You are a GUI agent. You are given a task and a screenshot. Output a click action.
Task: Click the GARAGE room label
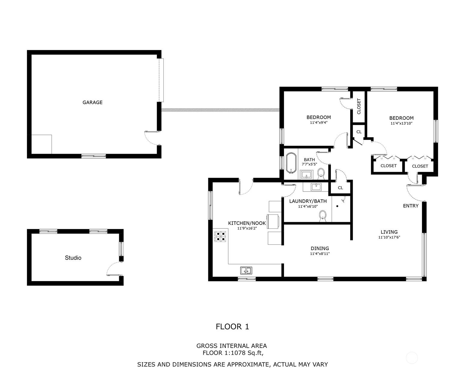(92, 102)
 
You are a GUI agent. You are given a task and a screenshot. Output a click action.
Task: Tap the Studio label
(73, 258)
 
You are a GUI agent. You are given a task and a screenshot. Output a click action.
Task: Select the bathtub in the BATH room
(291, 163)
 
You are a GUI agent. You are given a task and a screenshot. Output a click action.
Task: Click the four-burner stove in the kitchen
(220, 237)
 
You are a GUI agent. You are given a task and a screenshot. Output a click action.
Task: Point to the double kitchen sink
(246, 271)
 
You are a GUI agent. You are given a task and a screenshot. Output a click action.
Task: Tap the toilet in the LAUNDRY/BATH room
(323, 216)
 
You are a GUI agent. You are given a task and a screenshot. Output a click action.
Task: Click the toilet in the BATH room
(321, 174)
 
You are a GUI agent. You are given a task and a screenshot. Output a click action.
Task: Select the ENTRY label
(411, 206)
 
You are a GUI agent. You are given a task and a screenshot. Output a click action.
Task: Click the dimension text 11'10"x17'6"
(389, 237)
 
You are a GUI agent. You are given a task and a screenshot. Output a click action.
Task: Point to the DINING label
(320, 248)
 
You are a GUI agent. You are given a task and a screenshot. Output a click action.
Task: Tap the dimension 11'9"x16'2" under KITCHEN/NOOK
(247, 228)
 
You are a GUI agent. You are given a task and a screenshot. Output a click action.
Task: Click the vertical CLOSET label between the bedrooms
(359, 106)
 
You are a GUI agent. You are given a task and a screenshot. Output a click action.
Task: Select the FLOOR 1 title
(232, 327)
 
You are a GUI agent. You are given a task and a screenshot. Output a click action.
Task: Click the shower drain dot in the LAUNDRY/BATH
(337, 206)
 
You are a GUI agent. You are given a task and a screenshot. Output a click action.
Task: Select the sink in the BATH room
(306, 175)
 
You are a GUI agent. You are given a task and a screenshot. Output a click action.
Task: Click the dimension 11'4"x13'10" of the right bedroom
(401, 123)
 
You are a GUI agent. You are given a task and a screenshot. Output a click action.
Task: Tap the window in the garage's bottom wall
(94, 156)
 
